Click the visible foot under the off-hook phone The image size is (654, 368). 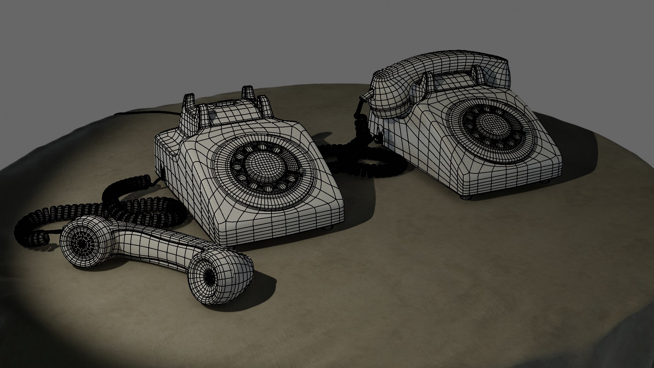[328, 228]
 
